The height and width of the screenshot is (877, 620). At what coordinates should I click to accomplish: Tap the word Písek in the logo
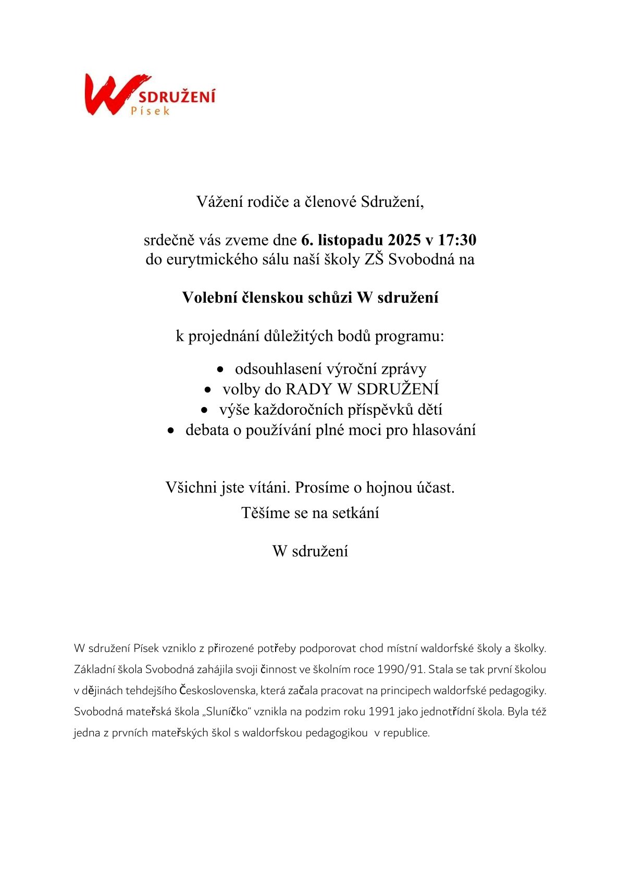(x=150, y=110)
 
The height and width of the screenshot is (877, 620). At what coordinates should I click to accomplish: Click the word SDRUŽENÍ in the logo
(x=177, y=96)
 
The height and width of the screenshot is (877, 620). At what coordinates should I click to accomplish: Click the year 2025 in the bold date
(x=404, y=240)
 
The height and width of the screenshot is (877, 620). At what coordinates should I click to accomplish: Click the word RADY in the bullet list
(x=308, y=389)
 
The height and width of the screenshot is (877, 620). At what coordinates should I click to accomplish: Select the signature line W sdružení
(x=310, y=551)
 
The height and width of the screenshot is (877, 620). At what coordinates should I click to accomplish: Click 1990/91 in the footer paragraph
(x=401, y=669)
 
